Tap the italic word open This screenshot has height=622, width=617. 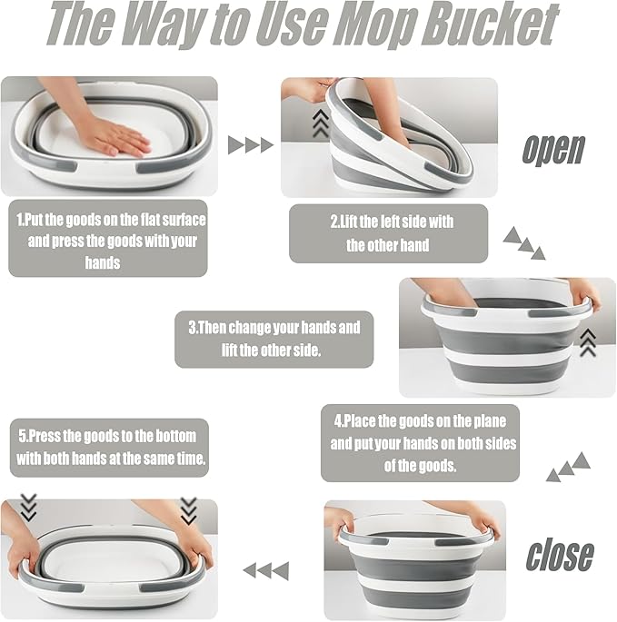tap(553, 150)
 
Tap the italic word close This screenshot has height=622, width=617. tap(560, 555)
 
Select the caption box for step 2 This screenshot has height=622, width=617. tap(388, 233)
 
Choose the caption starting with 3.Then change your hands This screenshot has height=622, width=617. tap(274, 340)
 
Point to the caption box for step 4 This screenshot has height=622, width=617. tap(420, 443)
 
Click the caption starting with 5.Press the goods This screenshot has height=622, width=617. tap(109, 448)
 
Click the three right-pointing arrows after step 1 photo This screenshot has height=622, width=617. tap(251, 144)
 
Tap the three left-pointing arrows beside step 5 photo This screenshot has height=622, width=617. tap(266, 571)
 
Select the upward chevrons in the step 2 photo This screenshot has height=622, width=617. tap(321, 123)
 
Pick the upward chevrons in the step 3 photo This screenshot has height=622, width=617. tap(588, 342)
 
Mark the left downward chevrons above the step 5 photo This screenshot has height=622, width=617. tap(28, 508)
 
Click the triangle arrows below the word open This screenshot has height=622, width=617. tap(524, 242)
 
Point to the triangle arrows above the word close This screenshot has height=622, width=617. tap(568, 467)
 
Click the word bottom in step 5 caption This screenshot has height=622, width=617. tap(175, 437)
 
